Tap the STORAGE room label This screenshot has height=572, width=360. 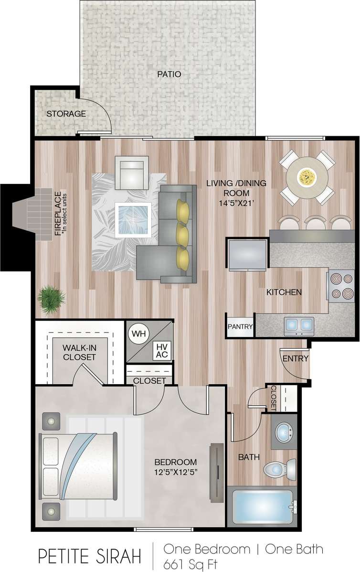click(66, 114)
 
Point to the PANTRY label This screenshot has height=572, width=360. click(240, 327)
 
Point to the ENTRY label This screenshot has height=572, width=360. click(296, 359)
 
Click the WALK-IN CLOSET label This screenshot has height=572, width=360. click(79, 353)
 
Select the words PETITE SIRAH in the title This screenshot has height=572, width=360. click(90, 556)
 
